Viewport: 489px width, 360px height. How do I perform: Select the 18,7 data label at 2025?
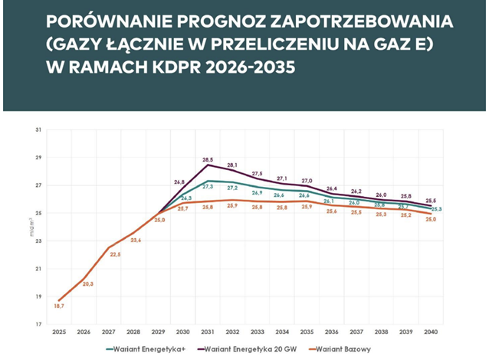[x=59, y=306]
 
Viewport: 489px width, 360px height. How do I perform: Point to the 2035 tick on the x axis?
[x=306, y=332]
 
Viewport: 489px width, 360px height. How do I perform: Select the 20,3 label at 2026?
[x=88, y=284]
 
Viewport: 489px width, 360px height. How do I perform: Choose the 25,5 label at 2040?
[x=431, y=201]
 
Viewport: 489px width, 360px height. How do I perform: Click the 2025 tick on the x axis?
[x=59, y=332]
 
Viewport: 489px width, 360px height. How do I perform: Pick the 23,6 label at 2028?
[x=136, y=240]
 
